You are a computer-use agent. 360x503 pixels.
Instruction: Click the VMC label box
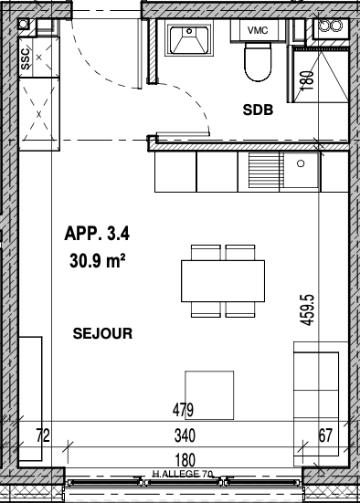click(258, 30)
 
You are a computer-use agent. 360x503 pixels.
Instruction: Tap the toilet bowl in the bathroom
click(258, 62)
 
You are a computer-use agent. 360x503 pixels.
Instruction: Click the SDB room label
click(258, 110)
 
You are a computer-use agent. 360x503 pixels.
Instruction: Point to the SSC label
click(26, 58)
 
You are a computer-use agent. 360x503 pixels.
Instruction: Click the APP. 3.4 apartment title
click(97, 233)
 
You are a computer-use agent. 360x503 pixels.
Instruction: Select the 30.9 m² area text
click(97, 260)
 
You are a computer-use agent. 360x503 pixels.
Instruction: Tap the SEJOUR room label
click(102, 333)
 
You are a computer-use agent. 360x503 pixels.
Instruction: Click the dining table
click(223, 281)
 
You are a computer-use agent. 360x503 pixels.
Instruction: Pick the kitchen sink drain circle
click(301, 163)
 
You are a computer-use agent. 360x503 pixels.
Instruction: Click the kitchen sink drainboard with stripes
click(264, 170)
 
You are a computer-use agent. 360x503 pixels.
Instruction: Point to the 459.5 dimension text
click(307, 310)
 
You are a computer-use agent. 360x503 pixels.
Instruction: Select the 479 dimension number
click(183, 410)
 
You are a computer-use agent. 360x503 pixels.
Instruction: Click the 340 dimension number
click(185, 435)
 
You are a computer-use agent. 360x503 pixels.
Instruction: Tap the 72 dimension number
click(43, 435)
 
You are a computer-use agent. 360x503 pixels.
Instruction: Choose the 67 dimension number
click(325, 435)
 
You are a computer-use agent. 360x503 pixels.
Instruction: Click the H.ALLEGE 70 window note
click(183, 474)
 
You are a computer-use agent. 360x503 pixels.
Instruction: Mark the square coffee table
click(209, 395)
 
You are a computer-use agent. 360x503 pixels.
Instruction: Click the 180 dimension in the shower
click(308, 80)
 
